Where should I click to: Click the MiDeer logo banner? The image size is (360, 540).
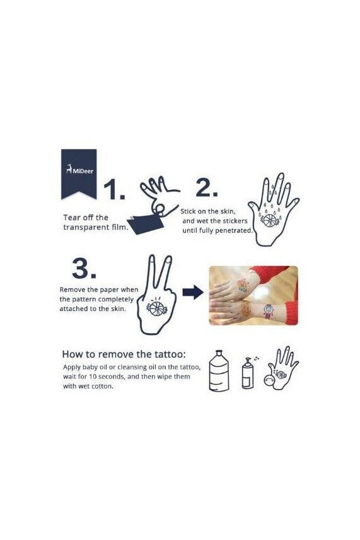[x=79, y=174]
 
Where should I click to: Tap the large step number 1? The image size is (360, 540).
[x=114, y=189]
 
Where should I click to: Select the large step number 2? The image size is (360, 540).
[x=207, y=188]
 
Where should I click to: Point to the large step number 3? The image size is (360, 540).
[x=84, y=268]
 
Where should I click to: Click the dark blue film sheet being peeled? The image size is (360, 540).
[x=146, y=223]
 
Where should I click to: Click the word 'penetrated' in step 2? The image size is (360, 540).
[x=234, y=230]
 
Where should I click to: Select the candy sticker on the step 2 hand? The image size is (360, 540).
[x=268, y=220]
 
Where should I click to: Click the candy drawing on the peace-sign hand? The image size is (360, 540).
[x=156, y=308]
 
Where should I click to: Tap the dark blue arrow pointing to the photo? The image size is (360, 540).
[x=193, y=292]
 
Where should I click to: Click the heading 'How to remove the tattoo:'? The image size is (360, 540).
[x=124, y=354]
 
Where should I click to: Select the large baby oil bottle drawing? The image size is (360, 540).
[x=219, y=370]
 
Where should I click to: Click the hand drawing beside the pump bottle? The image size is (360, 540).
[x=281, y=368]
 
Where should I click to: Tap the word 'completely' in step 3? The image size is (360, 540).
[x=115, y=299]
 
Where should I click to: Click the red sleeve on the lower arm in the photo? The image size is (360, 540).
[x=289, y=312]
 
